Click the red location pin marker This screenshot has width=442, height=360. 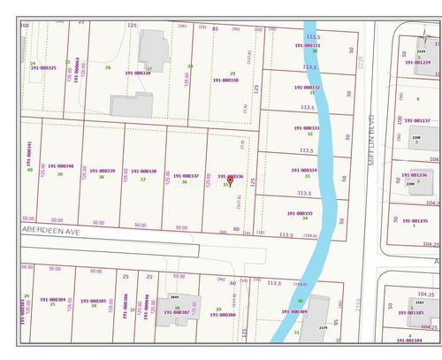231,178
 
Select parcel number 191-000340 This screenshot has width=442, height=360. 60,165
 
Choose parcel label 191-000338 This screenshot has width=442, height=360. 142,172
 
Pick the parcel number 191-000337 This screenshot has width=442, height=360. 186,176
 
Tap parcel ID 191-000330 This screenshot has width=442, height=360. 225,80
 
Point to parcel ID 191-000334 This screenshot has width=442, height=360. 302,170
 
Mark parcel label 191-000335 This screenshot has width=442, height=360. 300,212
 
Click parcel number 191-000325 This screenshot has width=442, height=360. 42,68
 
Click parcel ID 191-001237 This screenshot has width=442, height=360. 415,120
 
